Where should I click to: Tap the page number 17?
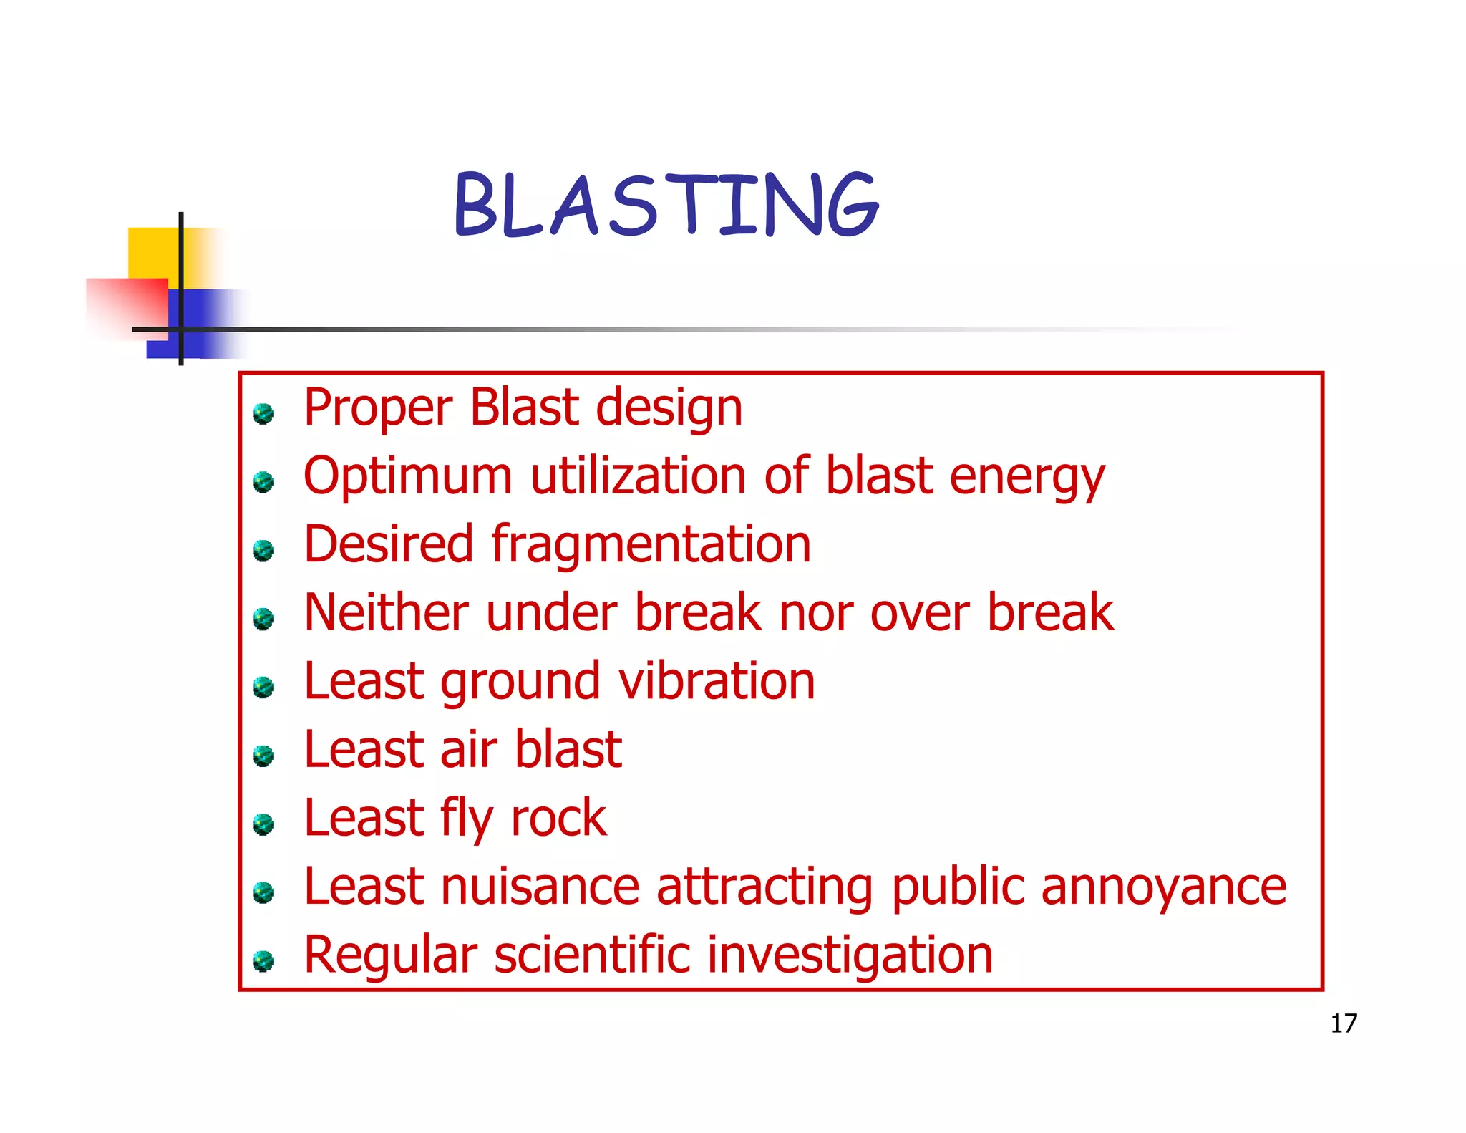click(1343, 1023)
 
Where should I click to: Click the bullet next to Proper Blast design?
click(264, 413)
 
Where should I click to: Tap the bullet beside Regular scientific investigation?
click(264, 960)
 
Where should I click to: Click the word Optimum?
click(407, 476)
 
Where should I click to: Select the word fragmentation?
click(651, 544)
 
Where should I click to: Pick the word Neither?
click(386, 612)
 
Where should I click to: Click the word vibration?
click(717, 681)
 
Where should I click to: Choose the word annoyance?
click(1163, 887)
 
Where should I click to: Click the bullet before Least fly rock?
click(264, 824)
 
